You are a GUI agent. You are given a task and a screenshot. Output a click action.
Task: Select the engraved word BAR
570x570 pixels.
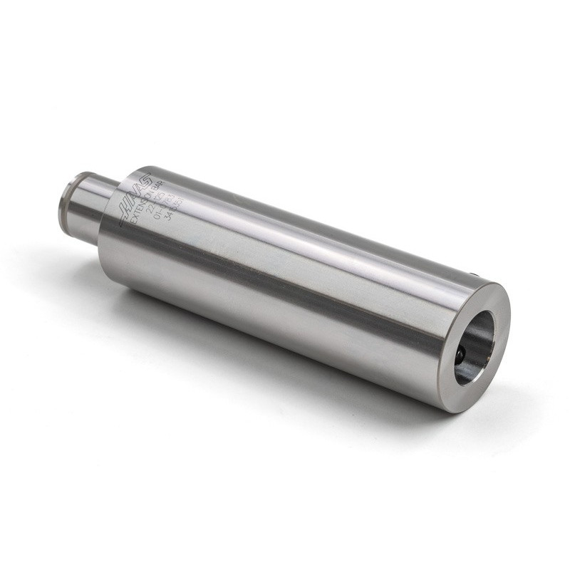(170, 187)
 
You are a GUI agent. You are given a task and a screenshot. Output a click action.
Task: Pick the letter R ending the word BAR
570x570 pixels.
(174, 183)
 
